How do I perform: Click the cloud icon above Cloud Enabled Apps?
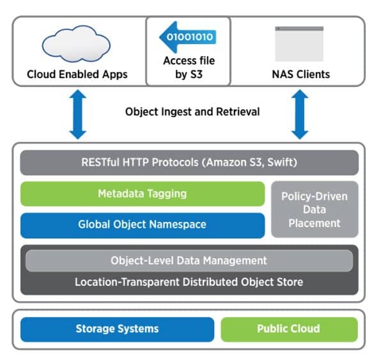click(x=76, y=43)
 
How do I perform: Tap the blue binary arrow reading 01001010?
click(x=188, y=37)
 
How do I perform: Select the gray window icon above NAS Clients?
click(x=299, y=44)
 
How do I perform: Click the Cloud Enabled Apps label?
click(x=77, y=74)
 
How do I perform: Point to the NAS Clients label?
click(x=300, y=74)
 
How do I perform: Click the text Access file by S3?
click(x=189, y=68)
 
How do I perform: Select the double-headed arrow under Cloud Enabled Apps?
click(x=78, y=114)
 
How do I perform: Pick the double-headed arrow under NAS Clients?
click(x=300, y=114)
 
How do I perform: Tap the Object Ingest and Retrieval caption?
click(x=192, y=112)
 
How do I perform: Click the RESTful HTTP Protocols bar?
click(x=189, y=162)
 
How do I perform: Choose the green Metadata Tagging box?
click(x=143, y=194)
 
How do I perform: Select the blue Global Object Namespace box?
click(x=143, y=225)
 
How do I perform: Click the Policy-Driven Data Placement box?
click(x=315, y=210)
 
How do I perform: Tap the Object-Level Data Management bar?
click(x=189, y=261)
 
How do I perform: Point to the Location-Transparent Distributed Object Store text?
click(x=189, y=282)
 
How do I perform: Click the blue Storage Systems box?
click(x=117, y=329)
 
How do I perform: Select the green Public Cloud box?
click(x=289, y=329)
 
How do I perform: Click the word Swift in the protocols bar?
click(x=281, y=162)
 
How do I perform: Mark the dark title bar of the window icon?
click(x=299, y=29)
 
